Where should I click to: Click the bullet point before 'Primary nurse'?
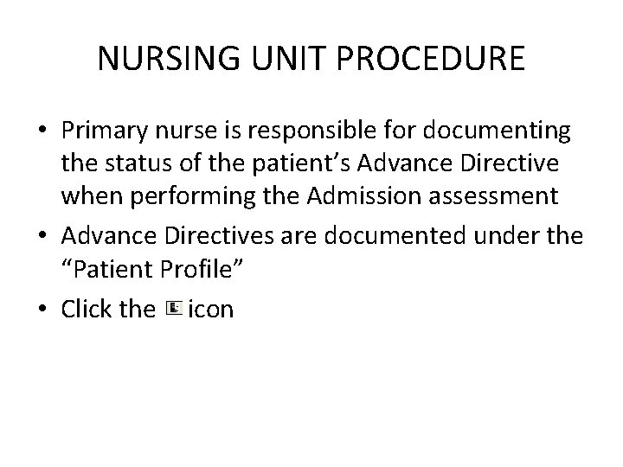42,131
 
